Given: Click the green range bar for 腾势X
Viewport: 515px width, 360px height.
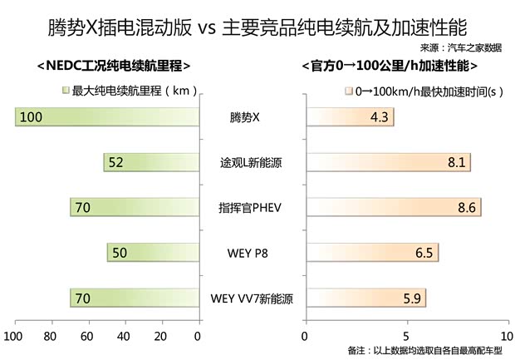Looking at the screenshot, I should click(106, 117).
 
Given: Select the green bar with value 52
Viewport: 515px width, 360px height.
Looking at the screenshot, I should click(151, 162).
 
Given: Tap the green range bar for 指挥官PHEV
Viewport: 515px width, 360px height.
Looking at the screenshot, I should click(135, 207).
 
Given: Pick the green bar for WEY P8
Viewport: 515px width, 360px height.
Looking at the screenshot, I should click(153, 252).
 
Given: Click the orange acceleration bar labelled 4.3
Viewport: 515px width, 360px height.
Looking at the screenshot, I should click(349, 117).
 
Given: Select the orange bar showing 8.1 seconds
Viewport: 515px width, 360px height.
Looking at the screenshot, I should click(388, 162).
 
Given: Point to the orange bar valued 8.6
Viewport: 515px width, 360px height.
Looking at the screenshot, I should click(393, 207).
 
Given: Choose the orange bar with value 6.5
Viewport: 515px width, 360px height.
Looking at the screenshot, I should click(371, 252).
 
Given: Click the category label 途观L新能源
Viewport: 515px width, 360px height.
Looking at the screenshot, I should click(251, 163).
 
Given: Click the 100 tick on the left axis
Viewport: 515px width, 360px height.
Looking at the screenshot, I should click(13, 336).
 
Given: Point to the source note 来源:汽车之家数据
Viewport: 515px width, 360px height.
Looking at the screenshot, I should click(461, 47).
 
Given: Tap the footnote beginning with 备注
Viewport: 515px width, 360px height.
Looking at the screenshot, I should click(427, 352).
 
